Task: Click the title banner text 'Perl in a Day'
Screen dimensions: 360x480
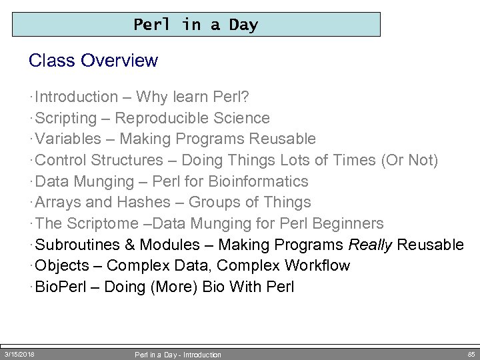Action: click(x=195, y=25)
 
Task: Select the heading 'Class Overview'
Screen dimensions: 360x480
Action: click(x=93, y=61)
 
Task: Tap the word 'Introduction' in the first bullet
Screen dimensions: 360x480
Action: click(x=76, y=97)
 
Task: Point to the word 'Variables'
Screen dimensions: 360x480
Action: click(x=67, y=139)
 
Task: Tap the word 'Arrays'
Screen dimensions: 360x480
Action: click(x=58, y=202)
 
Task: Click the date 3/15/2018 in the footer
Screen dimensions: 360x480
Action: click(x=19, y=354)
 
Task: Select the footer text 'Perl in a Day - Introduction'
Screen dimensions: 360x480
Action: click(x=178, y=355)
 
